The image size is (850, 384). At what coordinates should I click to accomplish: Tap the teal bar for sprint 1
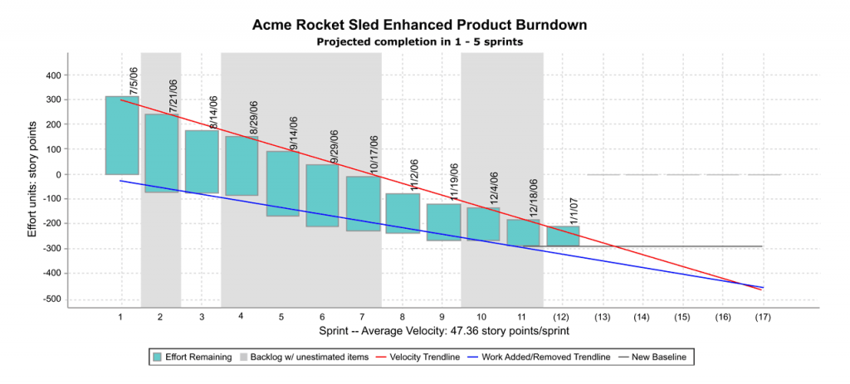(121, 135)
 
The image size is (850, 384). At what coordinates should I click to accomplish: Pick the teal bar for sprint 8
(403, 213)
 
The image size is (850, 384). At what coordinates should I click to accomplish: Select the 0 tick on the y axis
(58, 175)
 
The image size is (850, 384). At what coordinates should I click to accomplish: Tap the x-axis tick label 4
(241, 317)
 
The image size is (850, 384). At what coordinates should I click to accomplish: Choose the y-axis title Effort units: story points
(32, 178)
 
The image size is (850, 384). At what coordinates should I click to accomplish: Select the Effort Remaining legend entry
(192, 357)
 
